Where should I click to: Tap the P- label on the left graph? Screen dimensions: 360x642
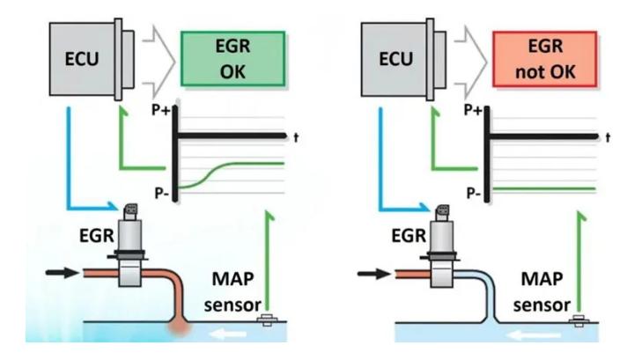(162, 188)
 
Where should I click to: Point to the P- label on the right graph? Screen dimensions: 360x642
(474, 188)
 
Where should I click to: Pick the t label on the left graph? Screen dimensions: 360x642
(295, 136)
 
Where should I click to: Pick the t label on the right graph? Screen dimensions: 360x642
(608, 136)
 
